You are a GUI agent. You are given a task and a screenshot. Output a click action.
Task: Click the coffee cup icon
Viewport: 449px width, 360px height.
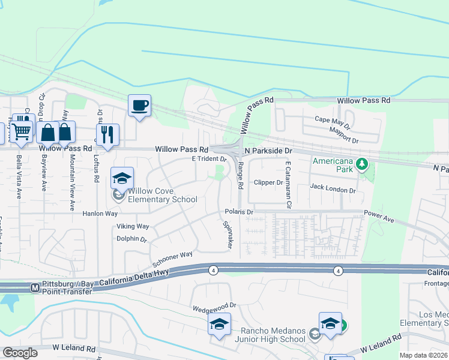pyautogui.click(x=139, y=106)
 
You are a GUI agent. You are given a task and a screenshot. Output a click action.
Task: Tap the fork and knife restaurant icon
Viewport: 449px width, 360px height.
pyautogui.click(x=107, y=134)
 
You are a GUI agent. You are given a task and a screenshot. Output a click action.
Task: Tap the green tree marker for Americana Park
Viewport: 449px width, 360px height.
pyautogui.click(x=361, y=164)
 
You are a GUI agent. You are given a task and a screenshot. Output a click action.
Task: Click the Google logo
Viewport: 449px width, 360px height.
pyautogui.click(x=20, y=353)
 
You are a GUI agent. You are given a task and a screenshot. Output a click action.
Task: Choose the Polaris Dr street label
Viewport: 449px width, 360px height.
pyautogui.click(x=240, y=212)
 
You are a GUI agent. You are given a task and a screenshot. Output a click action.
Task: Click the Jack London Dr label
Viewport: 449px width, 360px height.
pyautogui.click(x=333, y=188)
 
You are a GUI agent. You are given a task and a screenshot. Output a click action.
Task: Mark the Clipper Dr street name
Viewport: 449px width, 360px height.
pyautogui.click(x=268, y=182)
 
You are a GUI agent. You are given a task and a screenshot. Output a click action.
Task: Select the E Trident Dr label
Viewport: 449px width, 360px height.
pyautogui.click(x=208, y=159)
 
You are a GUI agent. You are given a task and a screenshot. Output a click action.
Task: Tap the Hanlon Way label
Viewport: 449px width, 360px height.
pyautogui.click(x=100, y=213)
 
